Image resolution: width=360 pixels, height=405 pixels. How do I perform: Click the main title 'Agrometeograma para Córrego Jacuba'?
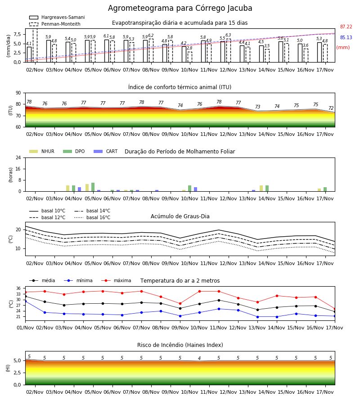tap(180, 8)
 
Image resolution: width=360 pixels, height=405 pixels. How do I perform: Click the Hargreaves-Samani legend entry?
tap(57, 17)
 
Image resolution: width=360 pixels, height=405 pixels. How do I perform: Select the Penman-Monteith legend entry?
tap(55, 24)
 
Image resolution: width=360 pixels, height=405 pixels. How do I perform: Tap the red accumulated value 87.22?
tap(346, 27)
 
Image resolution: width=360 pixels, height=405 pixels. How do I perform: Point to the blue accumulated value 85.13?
tap(346, 37)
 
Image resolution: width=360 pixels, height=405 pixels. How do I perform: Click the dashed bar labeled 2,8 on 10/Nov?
tap(190, 57)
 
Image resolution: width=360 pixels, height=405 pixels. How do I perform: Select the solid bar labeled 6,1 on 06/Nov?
tap(107, 51)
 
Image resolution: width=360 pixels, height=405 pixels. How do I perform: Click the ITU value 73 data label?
tap(257, 107)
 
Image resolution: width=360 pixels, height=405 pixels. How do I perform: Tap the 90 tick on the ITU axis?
tap(18, 93)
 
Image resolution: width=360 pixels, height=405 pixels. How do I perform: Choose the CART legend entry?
tap(106, 151)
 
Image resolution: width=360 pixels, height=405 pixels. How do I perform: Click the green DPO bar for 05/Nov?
tap(93, 187)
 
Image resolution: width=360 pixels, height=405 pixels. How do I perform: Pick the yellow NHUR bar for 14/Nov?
tap(261, 188)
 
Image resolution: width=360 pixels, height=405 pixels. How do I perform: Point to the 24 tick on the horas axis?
tap(18, 157)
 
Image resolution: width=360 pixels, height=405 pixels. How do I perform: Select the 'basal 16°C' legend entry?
tap(92, 217)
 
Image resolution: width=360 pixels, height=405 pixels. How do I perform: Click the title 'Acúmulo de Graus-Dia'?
tap(180, 216)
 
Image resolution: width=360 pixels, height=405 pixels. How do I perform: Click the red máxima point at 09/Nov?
tap(180, 303)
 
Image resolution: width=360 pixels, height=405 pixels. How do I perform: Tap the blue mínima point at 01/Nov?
tap(25, 301)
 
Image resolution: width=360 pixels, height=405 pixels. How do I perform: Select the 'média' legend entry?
tap(42, 280)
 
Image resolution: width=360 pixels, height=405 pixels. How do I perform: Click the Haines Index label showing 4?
tap(199, 358)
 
